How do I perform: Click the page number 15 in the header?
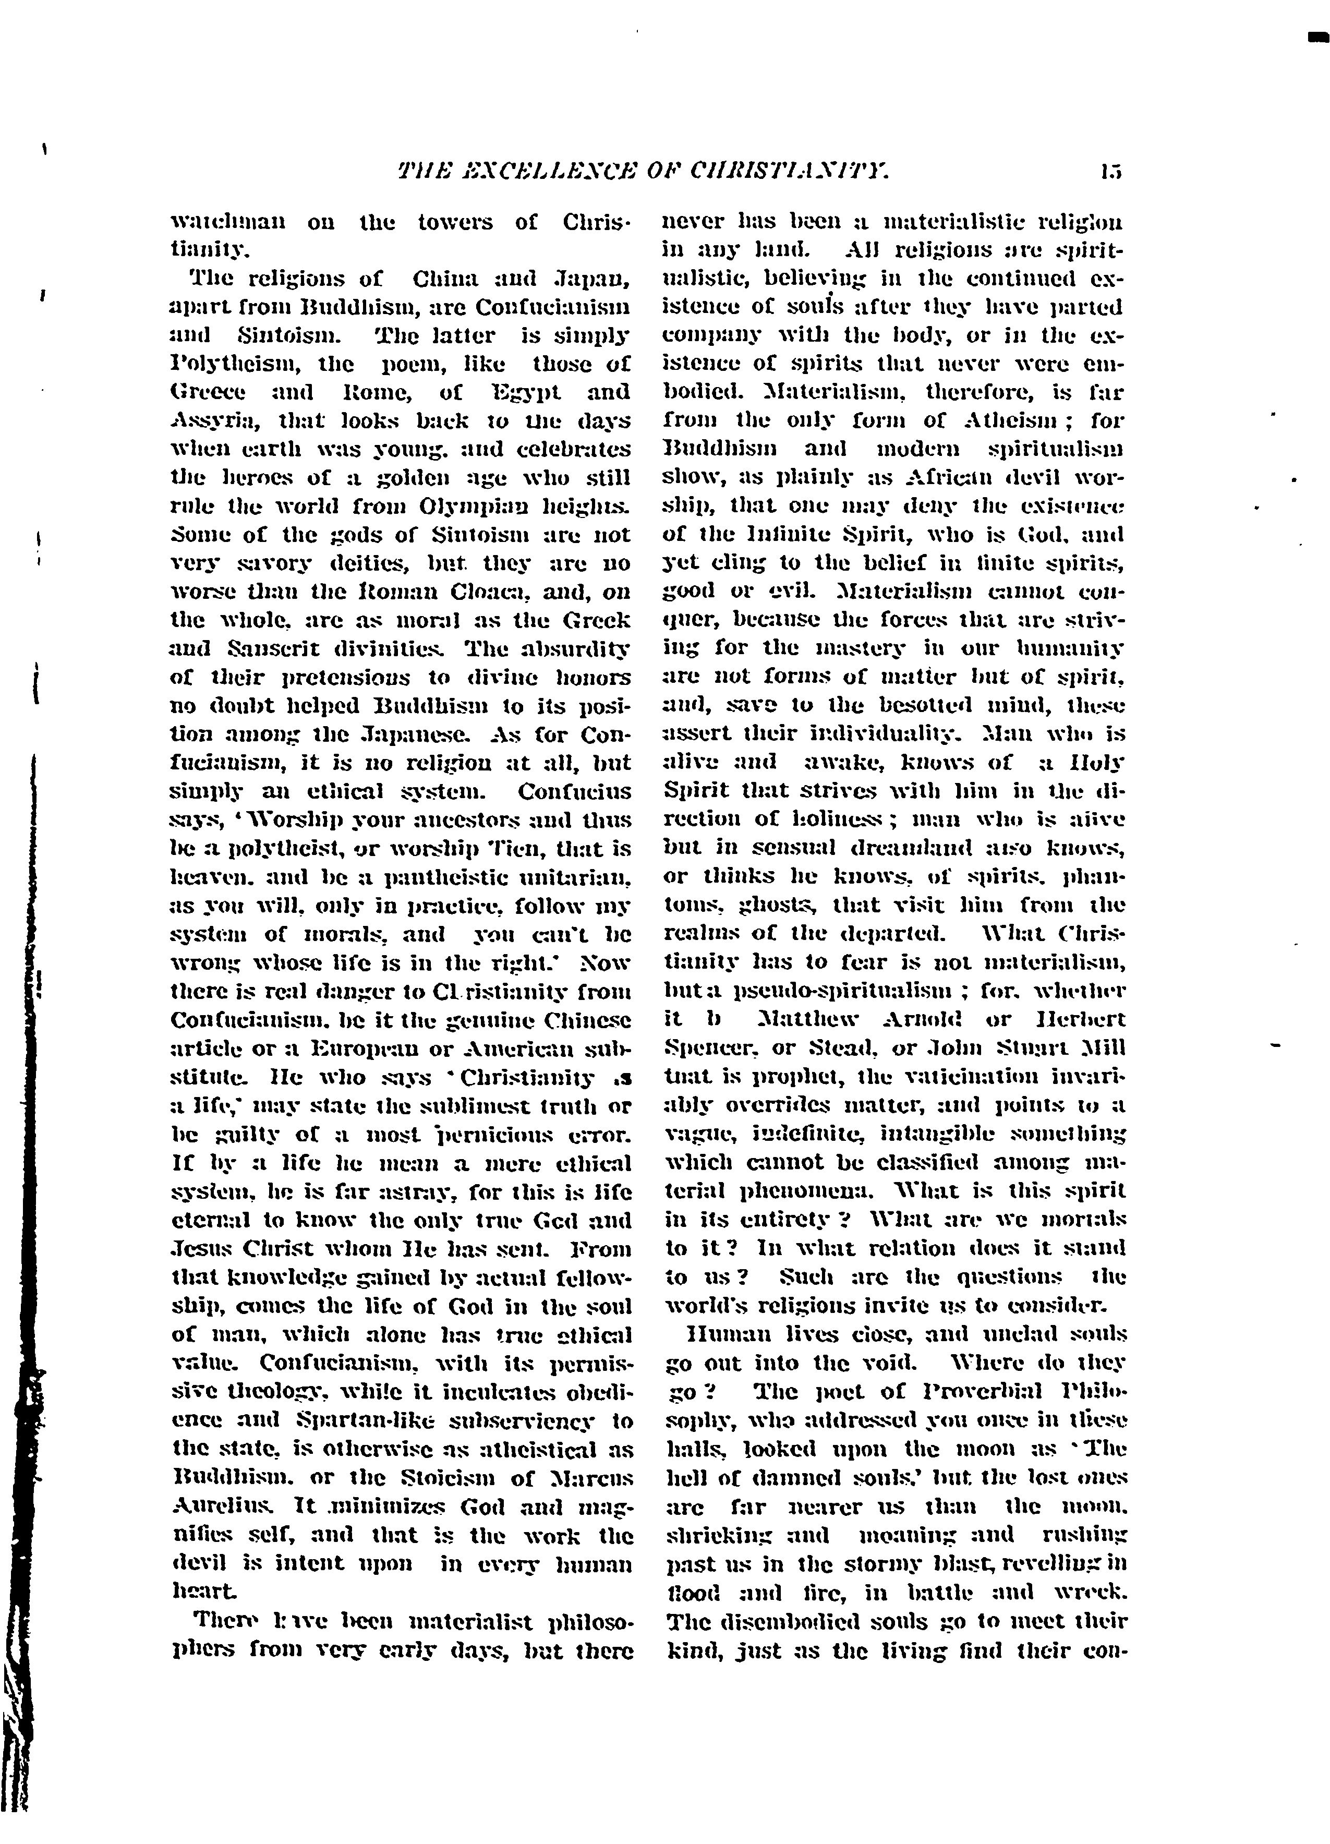point(1111,172)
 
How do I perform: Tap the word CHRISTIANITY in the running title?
point(789,172)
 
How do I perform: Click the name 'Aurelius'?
point(220,1503)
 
